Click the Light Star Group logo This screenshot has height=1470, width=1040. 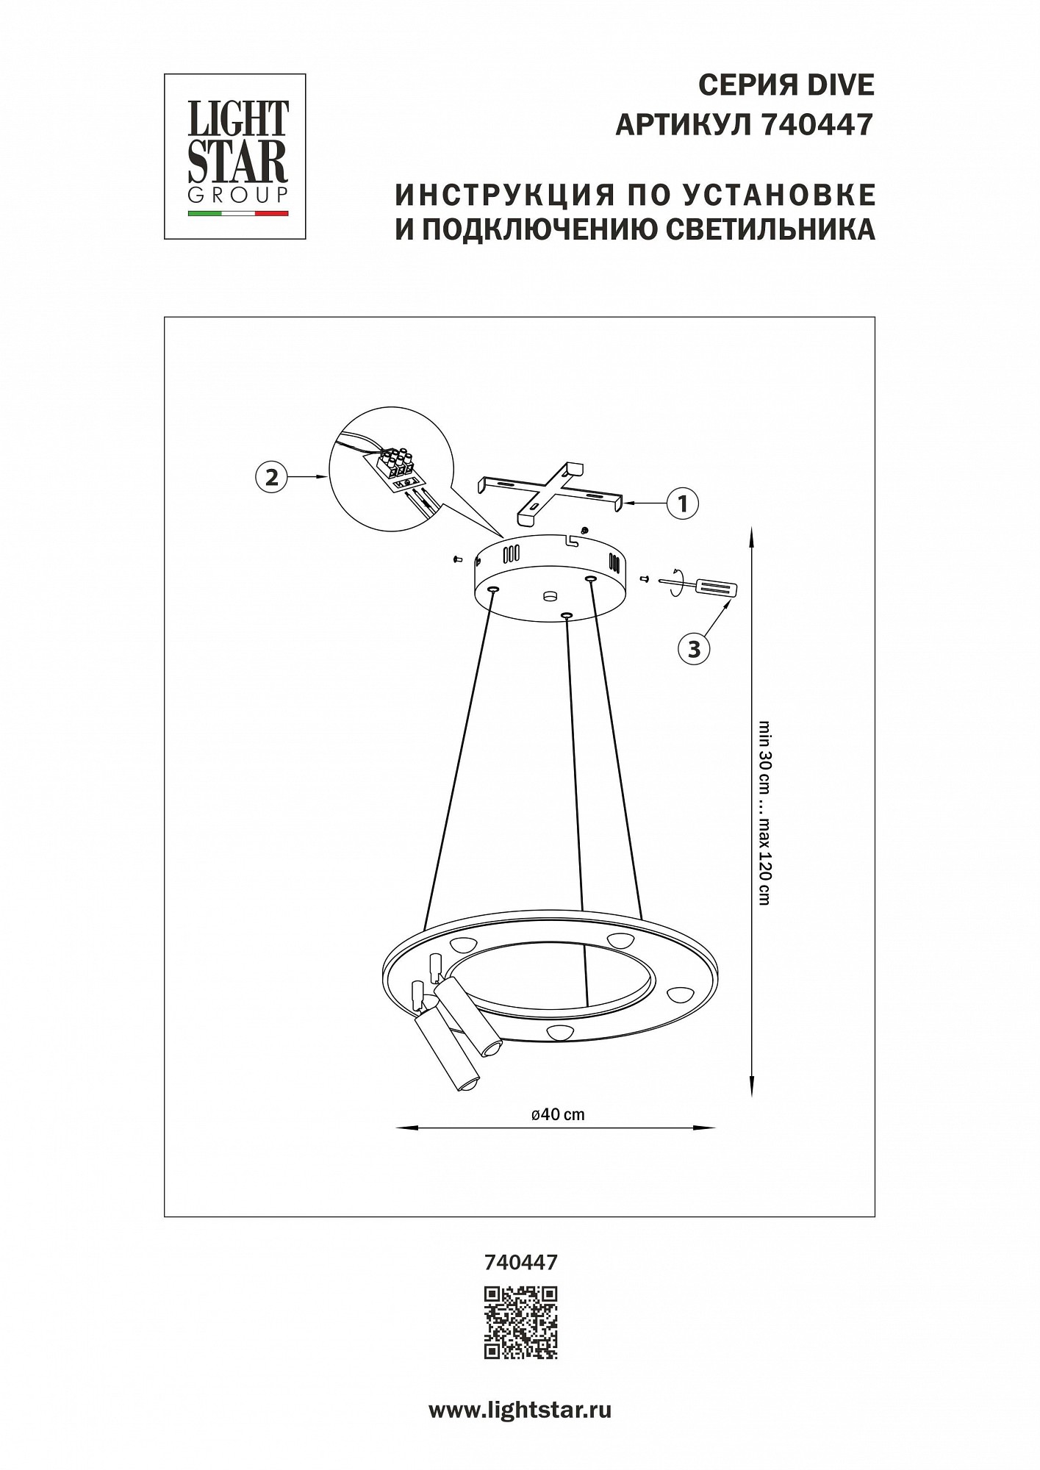point(234,156)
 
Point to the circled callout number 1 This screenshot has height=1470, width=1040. point(683,503)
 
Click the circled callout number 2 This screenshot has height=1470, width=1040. point(271,477)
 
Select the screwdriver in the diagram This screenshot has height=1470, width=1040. point(702,585)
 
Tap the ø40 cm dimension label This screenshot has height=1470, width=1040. point(558,1134)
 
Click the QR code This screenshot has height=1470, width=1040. point(520,1322)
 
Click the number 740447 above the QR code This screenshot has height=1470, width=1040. point(520,1262)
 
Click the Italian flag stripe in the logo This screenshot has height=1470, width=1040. point(238,213)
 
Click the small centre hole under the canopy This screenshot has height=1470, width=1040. point(548,596)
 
